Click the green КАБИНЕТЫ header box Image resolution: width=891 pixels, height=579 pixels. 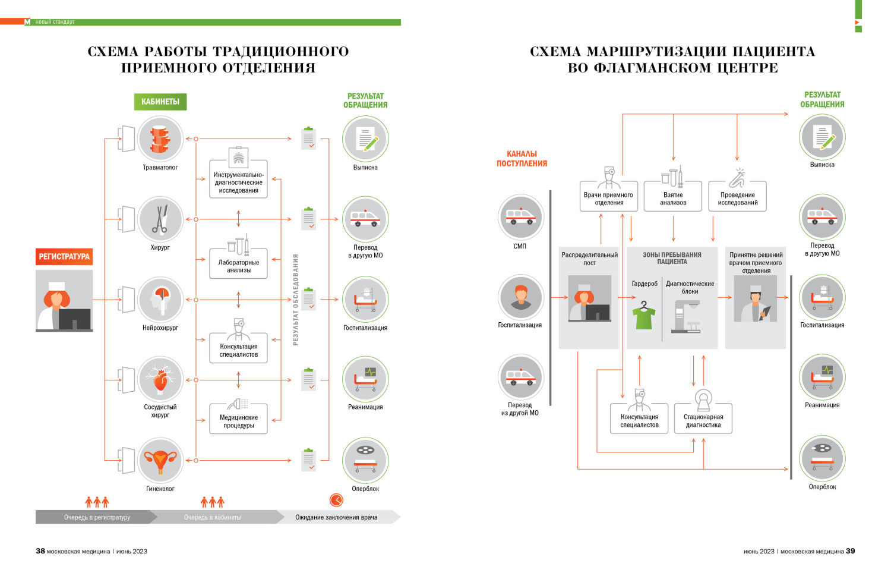point(160,102)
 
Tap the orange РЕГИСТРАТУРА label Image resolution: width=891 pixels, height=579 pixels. point(64,257)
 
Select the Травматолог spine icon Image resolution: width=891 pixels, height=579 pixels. point(160,139)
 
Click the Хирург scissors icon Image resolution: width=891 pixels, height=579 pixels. point(160,219)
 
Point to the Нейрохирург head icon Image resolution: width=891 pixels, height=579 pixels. point(160,300)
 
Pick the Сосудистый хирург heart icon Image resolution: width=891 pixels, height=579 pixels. point(160,379)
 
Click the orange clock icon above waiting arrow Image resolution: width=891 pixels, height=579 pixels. point(336,500)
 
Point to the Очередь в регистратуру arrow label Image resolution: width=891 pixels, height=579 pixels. point(97,517)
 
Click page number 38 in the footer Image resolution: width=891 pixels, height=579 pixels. point(40,551)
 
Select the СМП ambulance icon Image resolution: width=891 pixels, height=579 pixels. point(520,217)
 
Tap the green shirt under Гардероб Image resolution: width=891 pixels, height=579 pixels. point(644,315)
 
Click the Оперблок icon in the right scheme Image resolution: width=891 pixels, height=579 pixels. point(822,458)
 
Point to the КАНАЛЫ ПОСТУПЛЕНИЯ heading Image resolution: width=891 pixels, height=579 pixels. point(522,159)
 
